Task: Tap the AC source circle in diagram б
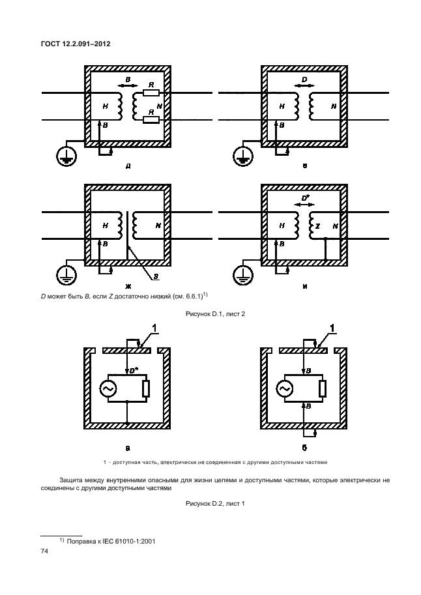click(x=284, y=389)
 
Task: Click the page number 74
click(x=45, y=551)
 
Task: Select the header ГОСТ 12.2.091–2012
click(x=75, y=44)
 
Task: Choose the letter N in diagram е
click(x=333, y=106)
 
